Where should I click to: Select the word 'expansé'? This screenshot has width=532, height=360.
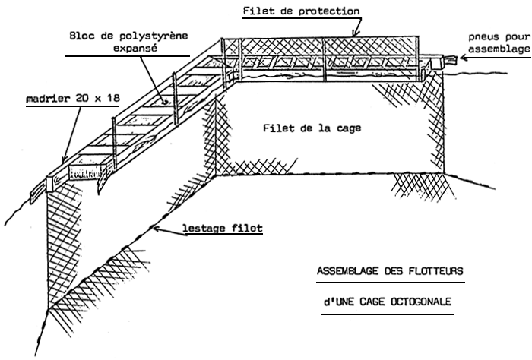point(128,47)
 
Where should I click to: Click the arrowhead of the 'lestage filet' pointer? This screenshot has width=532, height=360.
point(154,228)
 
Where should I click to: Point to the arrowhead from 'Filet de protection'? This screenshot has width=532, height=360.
point(356,36)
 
